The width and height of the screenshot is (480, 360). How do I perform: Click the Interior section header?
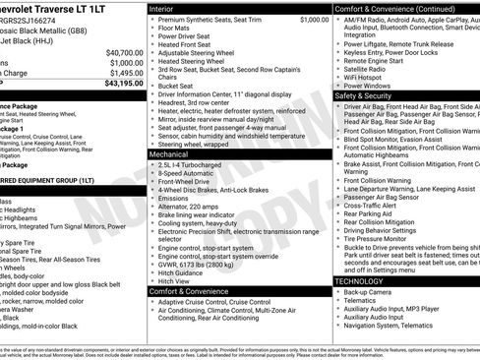pyautogui.click(x=168, y=8)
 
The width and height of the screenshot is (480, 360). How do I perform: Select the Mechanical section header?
pyautogui.click(x=177, y=154)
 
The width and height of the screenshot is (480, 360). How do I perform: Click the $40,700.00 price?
pyautogui.click(x=125, y=51)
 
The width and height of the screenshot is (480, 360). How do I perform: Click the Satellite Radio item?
pyautogui.click(x=371, y=69)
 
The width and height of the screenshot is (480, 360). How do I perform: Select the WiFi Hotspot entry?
pyautogui.click(x=368, y=78)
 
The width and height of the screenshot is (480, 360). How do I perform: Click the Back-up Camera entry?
pyautogui.click(x=372, y=292)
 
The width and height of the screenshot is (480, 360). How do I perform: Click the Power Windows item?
pyautogui.click(x=371, y=87)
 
